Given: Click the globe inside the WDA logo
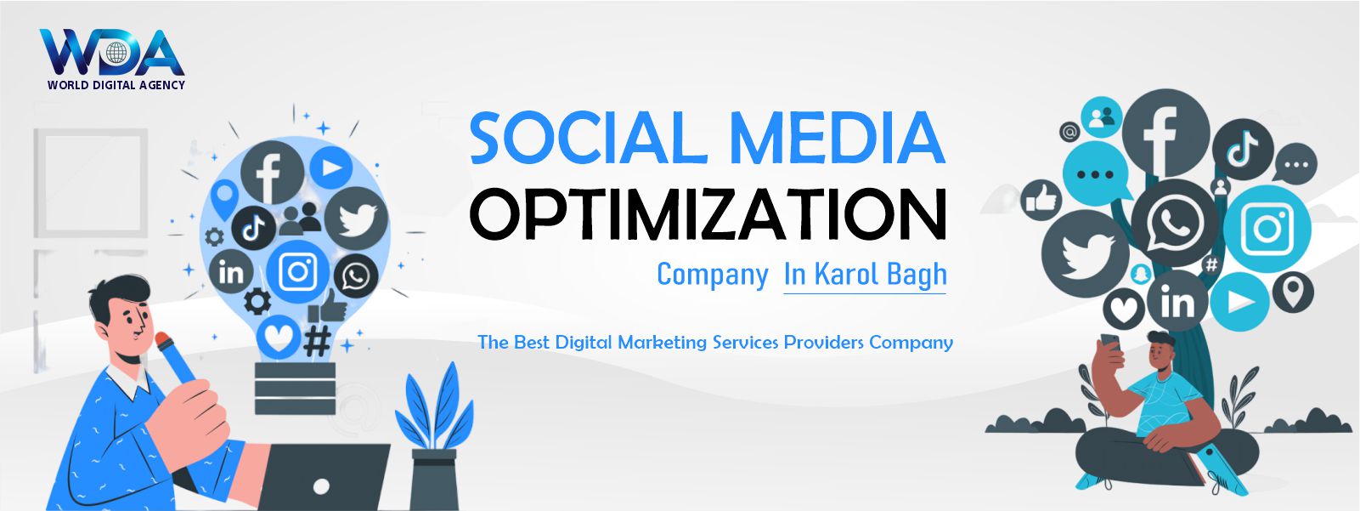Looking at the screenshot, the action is point(116,54).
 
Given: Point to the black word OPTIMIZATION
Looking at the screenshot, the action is point(708,213).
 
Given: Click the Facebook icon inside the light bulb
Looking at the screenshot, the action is point(272,173).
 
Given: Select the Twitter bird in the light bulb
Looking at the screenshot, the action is point(357,219).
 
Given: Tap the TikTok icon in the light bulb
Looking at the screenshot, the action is point(254,229).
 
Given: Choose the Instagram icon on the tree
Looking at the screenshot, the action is point(1267,229).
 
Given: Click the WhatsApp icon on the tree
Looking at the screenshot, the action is point(1175,223).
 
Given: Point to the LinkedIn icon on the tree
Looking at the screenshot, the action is point(1177,301).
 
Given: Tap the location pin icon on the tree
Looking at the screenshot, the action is point(1293,292).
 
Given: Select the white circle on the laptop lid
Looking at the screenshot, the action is point(321,486).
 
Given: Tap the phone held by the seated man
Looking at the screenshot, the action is point(1110,343).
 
